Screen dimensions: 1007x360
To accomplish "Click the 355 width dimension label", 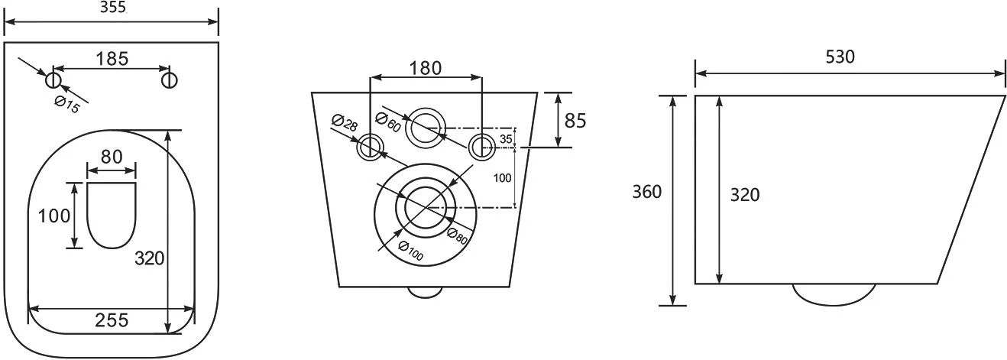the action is pyautogui.click(x=112, y=8).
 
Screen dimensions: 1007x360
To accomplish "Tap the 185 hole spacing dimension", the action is pyautogui.click(x=112, y=59).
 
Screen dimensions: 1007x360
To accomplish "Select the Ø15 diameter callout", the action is pyautogui.click(x=67, y=105).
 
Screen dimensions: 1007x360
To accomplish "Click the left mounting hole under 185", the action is pyautogui.click(x=53, y=81).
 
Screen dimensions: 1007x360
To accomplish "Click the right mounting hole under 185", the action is pyautogui.click(x=170, y=81).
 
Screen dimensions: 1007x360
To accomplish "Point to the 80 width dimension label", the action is pyautogui.click(x=112, y=157).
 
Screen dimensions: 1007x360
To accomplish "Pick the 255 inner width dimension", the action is pyautogui.click(x=112, y=320).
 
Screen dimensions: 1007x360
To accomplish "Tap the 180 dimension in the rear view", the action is pyautogui.click(x=426, y=68).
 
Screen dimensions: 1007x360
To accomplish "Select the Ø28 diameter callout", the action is pyautogui.click(x=345, y=122).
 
